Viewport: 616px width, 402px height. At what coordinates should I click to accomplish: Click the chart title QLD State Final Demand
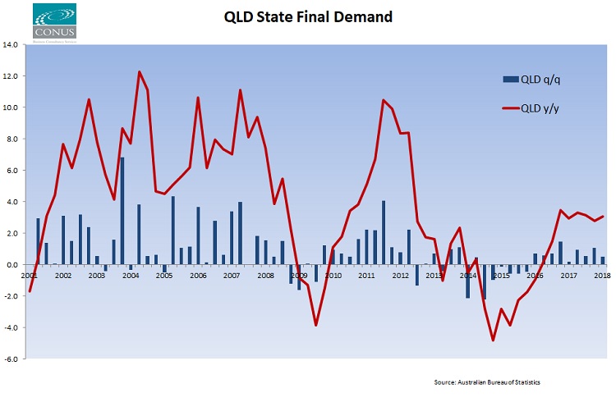point(309,16)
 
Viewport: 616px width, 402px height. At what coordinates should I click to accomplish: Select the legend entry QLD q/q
point(541,79)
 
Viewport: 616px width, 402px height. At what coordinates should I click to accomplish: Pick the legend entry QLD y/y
point(541,107)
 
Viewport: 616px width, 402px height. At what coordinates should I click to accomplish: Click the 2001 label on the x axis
point(30,276)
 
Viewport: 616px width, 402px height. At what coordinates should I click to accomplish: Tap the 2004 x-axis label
point(131,276)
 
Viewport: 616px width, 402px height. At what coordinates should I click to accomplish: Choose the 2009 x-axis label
point(299,276)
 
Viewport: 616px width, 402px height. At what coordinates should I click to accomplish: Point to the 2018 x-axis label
point(602,276)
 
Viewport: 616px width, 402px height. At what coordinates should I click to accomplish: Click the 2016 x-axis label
point(535,276)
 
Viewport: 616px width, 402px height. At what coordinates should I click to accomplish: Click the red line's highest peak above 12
point(139,72)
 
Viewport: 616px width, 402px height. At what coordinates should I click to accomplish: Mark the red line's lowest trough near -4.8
point(493,340)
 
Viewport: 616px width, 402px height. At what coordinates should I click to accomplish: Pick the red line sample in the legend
point(507,107)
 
